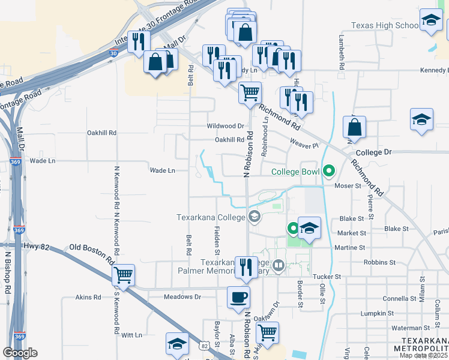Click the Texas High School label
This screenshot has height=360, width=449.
(384, 25)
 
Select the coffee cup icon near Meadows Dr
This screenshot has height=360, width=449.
(238, 297)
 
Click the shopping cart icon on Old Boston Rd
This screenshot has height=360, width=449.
(123, 275)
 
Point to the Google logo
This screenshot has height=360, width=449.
(20, 352)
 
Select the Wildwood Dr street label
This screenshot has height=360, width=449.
(225, 126)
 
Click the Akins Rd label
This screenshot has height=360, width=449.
(88, 297)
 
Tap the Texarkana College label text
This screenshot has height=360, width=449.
(211, 217)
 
